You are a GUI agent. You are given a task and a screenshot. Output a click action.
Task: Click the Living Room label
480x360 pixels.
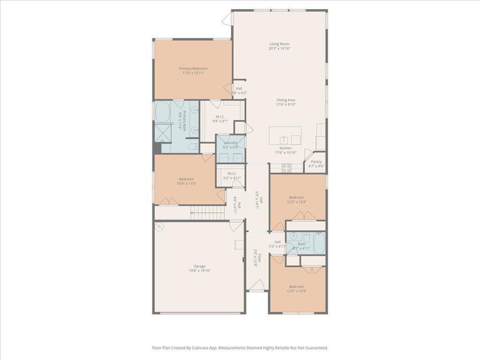point(280,44)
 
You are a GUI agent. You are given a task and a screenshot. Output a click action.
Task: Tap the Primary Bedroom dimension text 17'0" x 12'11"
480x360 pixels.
point(193,73)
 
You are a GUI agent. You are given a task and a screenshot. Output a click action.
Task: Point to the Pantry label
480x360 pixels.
point(316,161)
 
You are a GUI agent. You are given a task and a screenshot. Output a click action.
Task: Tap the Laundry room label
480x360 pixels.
point(231,142)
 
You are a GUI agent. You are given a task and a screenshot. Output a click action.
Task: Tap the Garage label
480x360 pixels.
point(199,266)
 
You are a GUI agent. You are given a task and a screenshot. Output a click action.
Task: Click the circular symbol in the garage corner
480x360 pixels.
point(159,227)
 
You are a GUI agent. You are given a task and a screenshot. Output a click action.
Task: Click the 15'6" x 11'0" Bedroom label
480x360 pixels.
point(186,179)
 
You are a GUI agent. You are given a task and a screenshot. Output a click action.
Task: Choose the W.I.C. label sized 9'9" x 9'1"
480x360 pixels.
point(220,118)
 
